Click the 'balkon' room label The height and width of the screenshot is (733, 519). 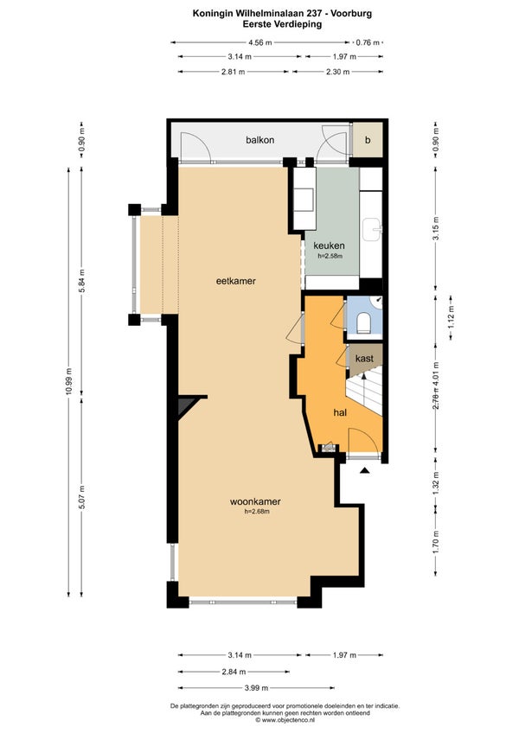point(260,140)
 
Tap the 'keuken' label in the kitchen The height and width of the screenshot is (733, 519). point(329,245)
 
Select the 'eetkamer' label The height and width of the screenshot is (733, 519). point(236,281)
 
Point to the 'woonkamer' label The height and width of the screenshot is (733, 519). point(255,501)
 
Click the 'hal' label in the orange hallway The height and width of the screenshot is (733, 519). point(340,412)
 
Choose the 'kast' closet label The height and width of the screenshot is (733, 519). point(364,359)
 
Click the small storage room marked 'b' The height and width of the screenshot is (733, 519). point(368,140)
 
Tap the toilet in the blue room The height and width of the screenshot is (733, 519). point(363,322)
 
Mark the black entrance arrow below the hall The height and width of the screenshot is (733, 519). point(364,470)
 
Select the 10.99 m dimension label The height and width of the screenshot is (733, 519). point(69,381)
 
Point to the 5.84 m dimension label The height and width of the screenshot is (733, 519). point(82,281)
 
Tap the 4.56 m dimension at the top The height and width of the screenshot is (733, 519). point(260,42)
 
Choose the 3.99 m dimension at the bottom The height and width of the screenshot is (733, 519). point(256,688)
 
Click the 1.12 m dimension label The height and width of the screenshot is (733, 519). point(452,316)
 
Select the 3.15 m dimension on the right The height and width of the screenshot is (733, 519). point(436,228)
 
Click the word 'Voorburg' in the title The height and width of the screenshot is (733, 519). point(351,14)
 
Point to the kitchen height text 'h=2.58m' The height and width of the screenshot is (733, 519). point(330,256)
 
